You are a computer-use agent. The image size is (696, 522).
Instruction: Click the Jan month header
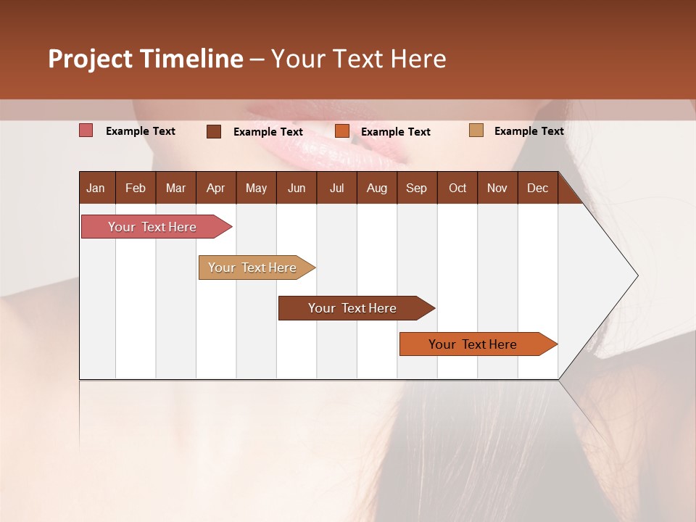[96, 188]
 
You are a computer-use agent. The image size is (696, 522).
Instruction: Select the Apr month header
[216, 188]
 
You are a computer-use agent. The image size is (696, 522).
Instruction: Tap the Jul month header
[336, 188]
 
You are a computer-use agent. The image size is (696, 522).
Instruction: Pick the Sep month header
[417, 188]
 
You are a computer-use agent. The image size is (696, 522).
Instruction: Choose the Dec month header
[537, 188]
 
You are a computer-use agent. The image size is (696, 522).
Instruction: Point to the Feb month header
[136, 188]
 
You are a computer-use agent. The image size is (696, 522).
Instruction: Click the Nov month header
[497, 188]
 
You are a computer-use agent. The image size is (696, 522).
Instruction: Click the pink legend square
[86, 130]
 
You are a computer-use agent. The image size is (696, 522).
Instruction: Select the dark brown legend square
[214, 131]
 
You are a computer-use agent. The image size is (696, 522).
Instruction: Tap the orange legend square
[342, 131]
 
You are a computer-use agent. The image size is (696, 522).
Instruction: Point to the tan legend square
[476, 130]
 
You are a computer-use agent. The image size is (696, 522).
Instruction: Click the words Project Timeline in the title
[146, 59]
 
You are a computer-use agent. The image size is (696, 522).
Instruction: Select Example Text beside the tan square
[529, 131]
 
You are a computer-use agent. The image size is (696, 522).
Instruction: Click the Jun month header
[297, 188]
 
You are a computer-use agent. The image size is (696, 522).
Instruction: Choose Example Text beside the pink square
[141, 131]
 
